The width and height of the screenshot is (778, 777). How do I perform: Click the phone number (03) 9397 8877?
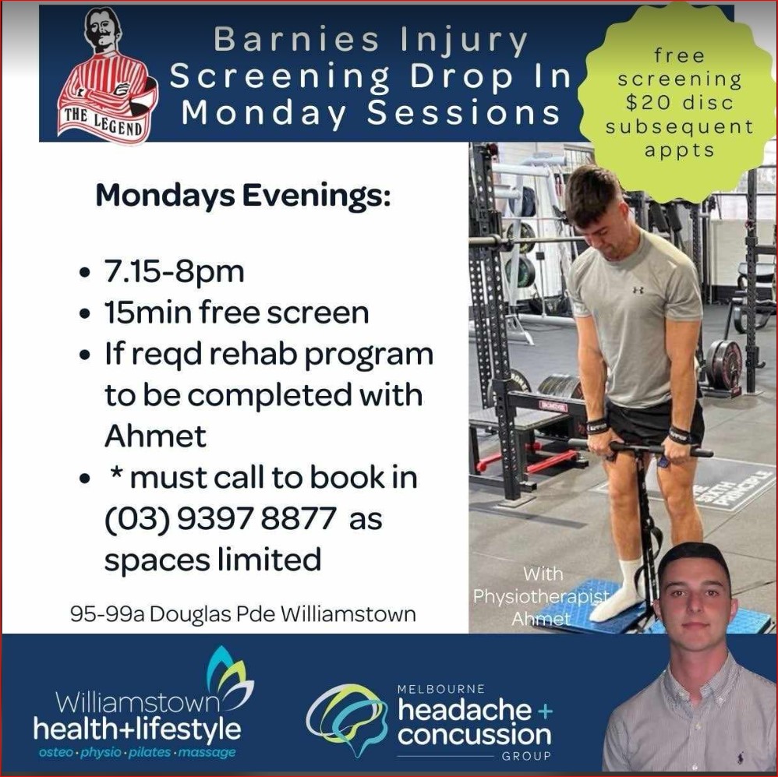(x=221, y=518)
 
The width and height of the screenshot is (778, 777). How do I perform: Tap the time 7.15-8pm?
(x=174, y=272)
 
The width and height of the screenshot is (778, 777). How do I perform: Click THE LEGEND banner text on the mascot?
(x=103, y=122)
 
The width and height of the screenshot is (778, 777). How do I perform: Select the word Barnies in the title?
(x=296, y=39)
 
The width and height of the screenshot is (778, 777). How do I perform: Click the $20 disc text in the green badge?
(x=679, y=102)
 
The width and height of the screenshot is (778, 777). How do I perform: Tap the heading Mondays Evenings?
(x=243, y=196)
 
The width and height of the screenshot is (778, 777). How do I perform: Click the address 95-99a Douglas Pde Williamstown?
(x=243, y=614)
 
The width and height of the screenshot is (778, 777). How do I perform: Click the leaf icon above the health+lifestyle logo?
(x=229, y=675)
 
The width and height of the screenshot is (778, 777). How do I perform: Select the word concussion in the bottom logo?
(x=474, y=734)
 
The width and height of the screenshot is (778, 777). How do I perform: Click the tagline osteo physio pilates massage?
(x=137, y=752)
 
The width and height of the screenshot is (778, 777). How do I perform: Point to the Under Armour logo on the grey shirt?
(x=638, y=289)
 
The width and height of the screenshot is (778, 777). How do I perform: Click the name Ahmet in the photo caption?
(x=541, y=620)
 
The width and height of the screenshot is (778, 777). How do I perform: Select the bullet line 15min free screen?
(x=237, y=313)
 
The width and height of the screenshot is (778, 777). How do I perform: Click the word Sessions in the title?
(x=464, y=112)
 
